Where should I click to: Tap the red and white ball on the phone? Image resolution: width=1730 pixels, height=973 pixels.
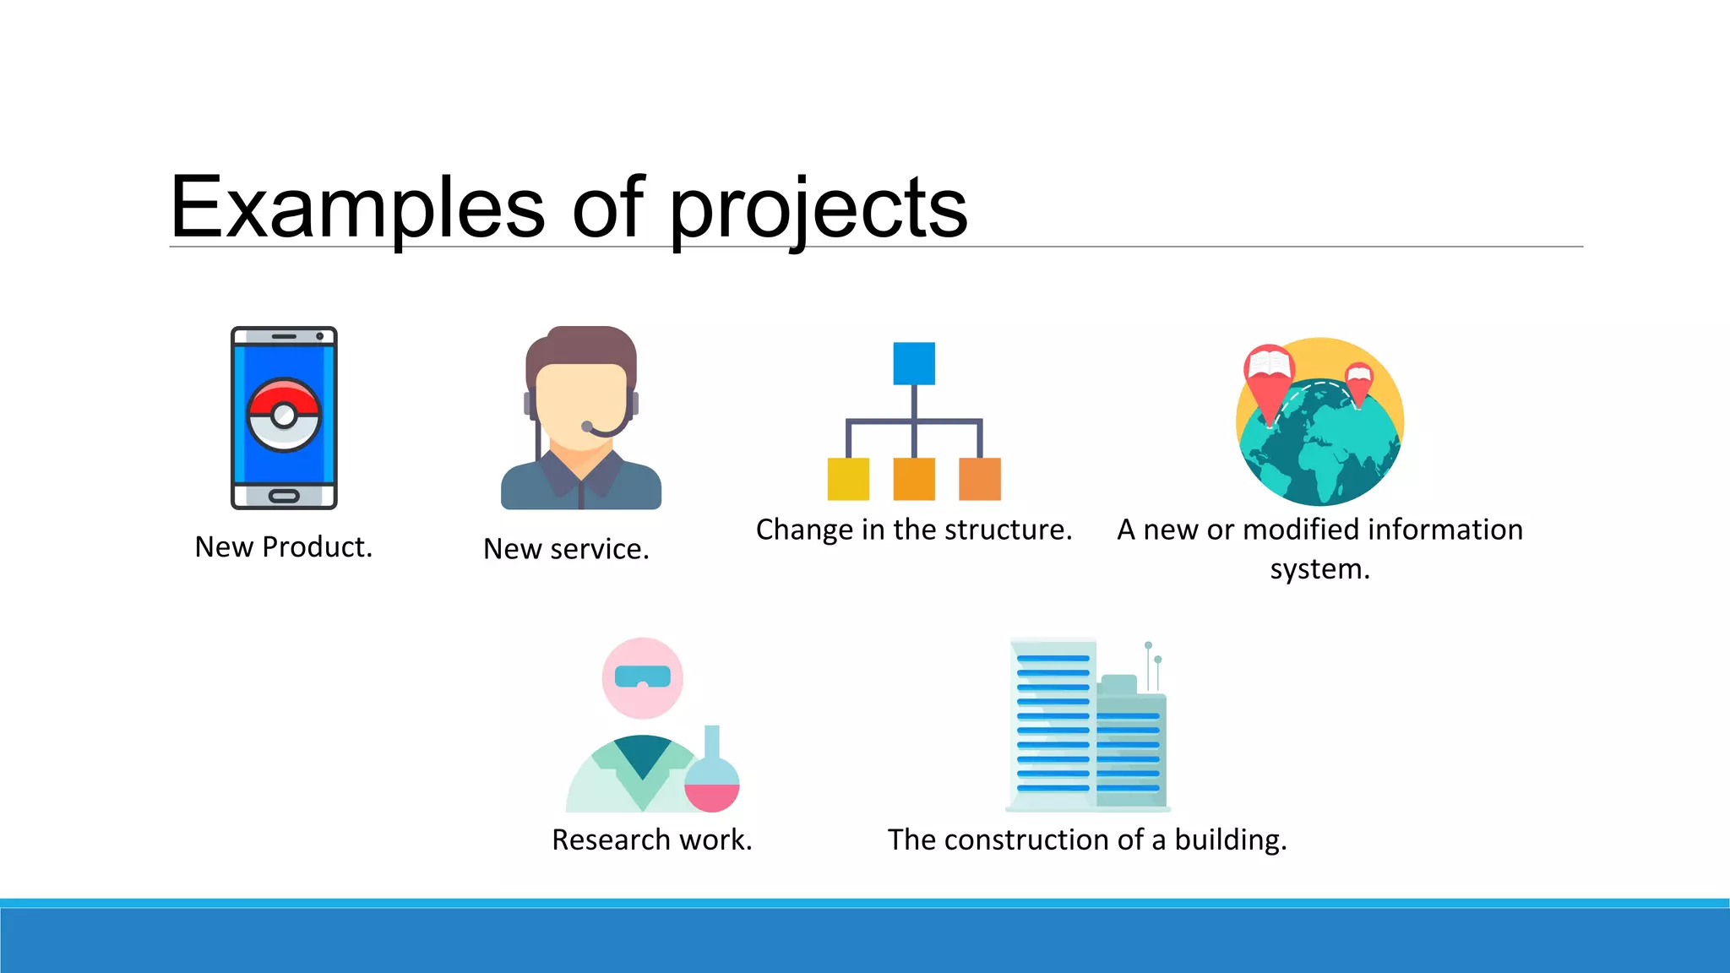click(284, 415)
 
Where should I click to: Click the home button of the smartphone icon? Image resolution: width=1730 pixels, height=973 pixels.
click(284, 496)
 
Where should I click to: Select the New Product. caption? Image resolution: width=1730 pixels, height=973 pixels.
click(283, 547)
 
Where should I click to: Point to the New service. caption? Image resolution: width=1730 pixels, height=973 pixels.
click(566, 549)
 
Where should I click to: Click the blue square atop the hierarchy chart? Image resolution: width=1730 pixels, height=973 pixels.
click(914, 363)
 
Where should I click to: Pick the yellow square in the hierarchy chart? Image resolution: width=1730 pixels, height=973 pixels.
click(848, 479)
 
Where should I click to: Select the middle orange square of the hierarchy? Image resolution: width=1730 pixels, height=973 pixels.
click(914, 479)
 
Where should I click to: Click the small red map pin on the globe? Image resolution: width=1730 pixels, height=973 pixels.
click(1358, 383)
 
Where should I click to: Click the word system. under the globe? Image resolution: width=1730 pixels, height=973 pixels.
click(1319, 569)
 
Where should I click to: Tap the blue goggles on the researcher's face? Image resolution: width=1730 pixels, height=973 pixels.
click(643, 677)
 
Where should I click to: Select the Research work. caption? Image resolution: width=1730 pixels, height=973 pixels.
click(651, 840)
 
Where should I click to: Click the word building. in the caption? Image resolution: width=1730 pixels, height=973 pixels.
click(1231, 840)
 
